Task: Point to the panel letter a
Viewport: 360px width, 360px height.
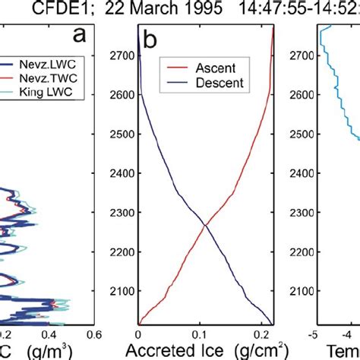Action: [79, 36]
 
